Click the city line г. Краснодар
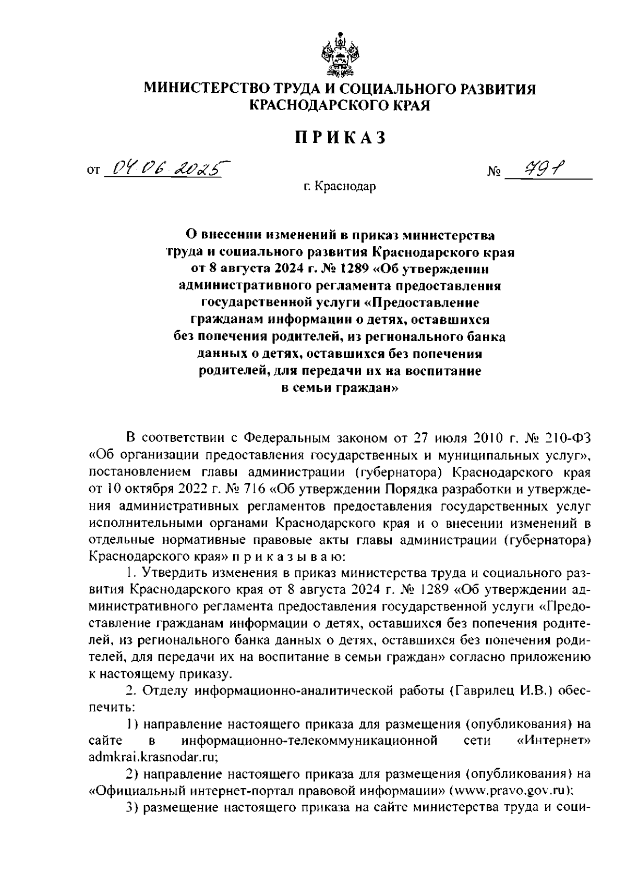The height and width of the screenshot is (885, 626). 341,186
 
